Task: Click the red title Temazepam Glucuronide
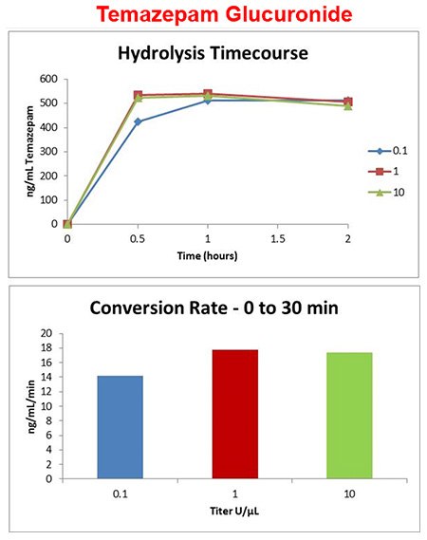pos(213,16)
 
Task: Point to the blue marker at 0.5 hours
pos(139,121)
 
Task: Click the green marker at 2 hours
pos(347,105)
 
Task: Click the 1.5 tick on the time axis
pos(278,240)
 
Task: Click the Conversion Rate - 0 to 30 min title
pos(213,308)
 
